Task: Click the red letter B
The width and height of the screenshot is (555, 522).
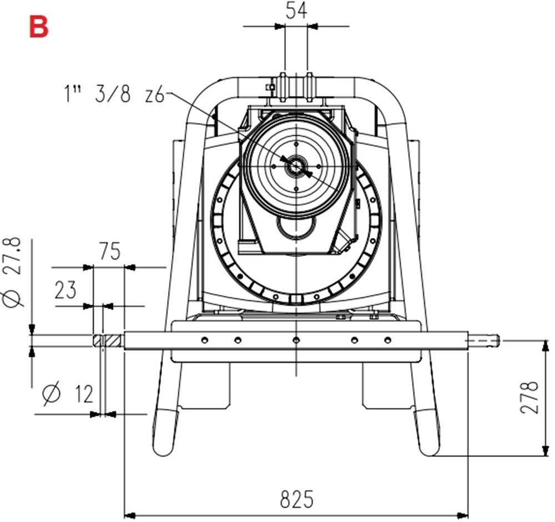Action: coord(38,27)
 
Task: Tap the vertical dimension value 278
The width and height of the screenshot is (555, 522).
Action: coord(531,397)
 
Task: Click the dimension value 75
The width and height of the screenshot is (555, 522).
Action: coord(109,252)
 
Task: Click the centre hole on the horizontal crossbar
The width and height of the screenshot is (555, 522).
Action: coord(296,340)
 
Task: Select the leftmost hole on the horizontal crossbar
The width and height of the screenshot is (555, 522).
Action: coord(205,340)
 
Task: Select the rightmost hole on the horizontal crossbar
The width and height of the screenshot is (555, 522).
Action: coord(388,340)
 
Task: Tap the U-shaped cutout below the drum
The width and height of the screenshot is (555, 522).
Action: coord(297,227)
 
